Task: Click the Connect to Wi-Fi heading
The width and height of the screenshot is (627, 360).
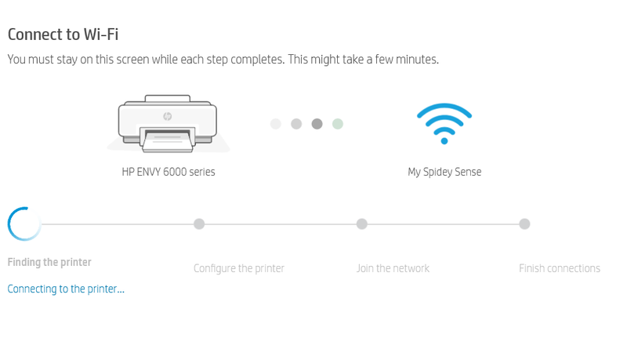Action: [63, 35]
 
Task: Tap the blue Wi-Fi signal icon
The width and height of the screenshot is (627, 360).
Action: [444, 124]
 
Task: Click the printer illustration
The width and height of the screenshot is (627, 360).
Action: [168, 124]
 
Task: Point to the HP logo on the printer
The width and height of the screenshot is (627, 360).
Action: [168, 116]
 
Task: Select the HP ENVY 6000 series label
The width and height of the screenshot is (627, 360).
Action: [169, 172]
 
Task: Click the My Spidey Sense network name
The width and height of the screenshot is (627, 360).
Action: [444, 172]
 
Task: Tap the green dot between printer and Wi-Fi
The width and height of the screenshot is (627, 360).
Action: [338, 124]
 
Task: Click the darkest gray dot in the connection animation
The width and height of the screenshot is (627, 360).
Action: [317, 124]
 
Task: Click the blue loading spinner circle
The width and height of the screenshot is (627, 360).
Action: [9, 224]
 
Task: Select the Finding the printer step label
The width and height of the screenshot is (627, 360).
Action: [49, 263]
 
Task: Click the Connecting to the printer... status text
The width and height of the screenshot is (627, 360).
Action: [66, 289]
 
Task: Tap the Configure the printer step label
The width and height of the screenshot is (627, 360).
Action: [239, 268]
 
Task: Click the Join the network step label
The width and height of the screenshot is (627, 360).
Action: [393, 268]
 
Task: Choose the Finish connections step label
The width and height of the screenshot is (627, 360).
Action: [560, 268]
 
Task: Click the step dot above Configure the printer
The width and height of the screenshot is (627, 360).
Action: [199, 224]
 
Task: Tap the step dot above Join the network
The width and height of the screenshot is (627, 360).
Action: [362, 224]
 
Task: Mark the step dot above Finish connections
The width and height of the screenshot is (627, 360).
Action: [524, 224]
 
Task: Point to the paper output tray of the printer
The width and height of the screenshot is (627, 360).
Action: [168, 142]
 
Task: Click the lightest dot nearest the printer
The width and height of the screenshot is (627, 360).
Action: [276, 124]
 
